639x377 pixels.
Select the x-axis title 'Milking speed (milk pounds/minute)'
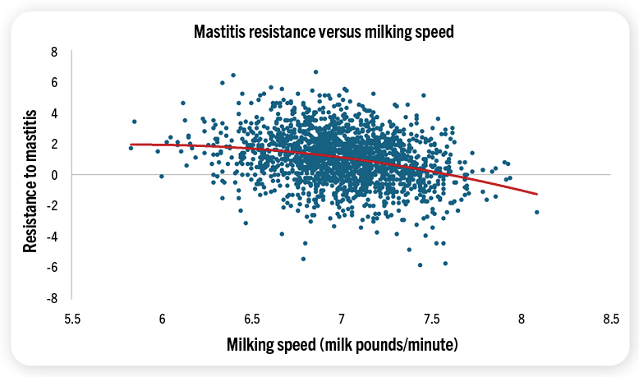342,343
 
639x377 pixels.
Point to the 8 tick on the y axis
53,52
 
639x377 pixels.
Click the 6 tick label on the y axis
53,82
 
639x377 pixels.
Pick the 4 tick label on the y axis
53,113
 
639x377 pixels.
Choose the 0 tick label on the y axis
53,175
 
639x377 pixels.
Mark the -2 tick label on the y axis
52,205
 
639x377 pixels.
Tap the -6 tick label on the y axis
52,267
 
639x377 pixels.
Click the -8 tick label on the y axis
52,298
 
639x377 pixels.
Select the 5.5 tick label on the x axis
72,318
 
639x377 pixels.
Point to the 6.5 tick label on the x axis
252,318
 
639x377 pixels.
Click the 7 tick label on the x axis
342,318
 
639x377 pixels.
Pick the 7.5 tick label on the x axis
431,318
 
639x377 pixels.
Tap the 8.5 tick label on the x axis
610,318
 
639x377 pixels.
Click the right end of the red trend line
537,194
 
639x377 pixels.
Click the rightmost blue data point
537,212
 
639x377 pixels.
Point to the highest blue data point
315,71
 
